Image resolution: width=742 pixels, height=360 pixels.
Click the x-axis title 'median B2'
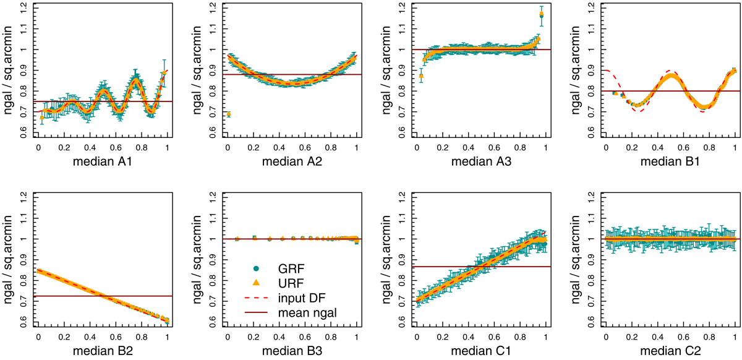pyautogui.click(x=103, y=353)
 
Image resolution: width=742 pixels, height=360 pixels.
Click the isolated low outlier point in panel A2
pyautogui.click(x=229, y=114)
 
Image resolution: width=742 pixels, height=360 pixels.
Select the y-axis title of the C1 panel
pyautogui.click(x=386, y=259)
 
